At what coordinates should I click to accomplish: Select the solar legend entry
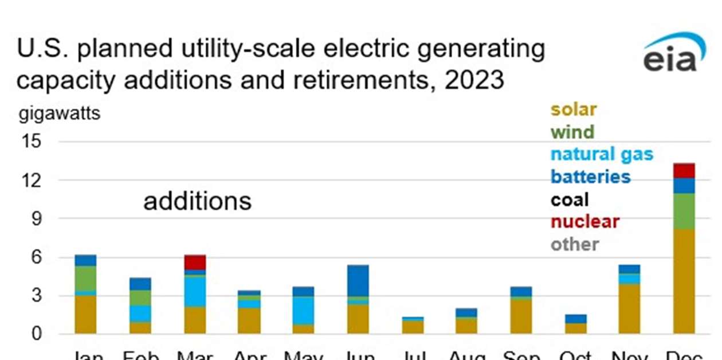pyautogui.click(x=573, y=109)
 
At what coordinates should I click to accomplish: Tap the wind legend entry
pyautogui.click(x=572, y=132)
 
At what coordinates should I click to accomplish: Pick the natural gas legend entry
pyautogui.click(x=602, y=154)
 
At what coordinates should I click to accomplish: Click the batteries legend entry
pyautogui.click(x=590, y=177)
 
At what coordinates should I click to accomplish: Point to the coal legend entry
pyautogui.click(x=569, y=199)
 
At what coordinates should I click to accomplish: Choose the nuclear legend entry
pyautogui.click(x=584, y=222)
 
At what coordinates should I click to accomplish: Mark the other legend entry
pyautogui.click(x=574, y=244)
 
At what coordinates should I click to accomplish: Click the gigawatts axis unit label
pyautogui.click(x=59, y=114)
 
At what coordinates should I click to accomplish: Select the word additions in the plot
pyautogui.click(x=197, y=201)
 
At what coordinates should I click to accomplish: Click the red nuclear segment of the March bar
pyautogui.click(x=195, y=263)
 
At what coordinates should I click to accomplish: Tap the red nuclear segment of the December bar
pyautogui.click(x=684, y=170)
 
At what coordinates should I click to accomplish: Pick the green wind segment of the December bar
pyautogui.click(x=684, y=211)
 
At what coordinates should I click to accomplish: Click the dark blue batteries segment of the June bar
pyautogui.click(x=358, y=280)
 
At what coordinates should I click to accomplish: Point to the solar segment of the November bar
pyautogui.click(x=630, y=308)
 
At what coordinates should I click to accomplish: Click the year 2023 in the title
pyautogui.click(x=470, y=80)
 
